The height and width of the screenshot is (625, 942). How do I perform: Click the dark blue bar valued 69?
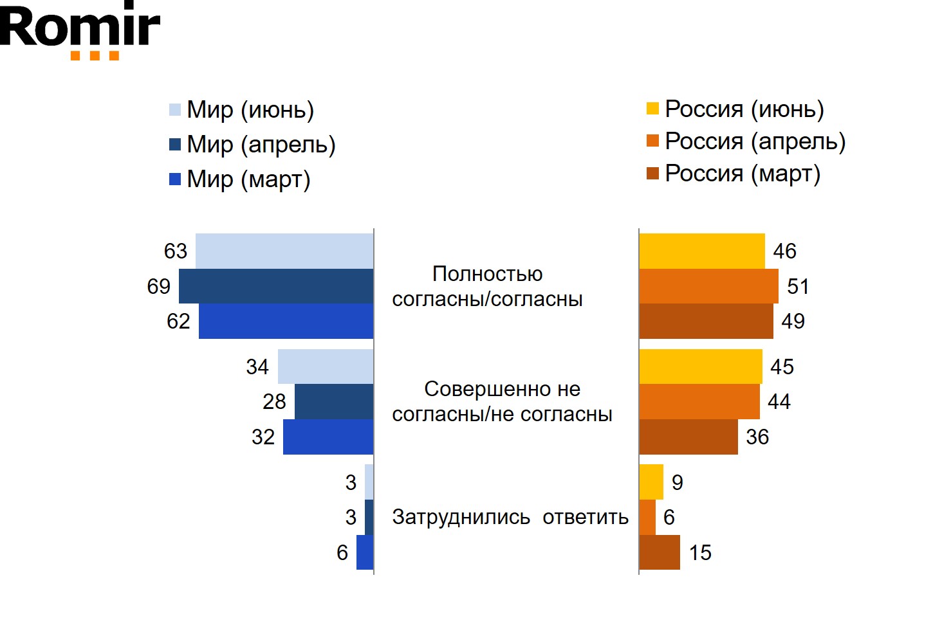pyautogui.click(x=276, y=286)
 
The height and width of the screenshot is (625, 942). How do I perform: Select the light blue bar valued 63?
pyautogui.click(x=284, y=251)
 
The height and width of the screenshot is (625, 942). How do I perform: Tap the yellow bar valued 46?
pyautogui.click(x=702, y=251)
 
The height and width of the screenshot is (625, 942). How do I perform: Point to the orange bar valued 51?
pyautogui.click(x=708, y=286)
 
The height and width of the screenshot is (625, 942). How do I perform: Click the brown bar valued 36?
pyautogui.click(x=688, y=437)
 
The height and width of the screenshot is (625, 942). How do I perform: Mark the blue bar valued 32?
pyautogui.click(x=328, y=437)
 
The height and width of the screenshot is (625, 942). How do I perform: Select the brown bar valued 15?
pyautogui.click(x=660, y=552)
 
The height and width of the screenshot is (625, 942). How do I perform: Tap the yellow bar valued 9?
pyautogui.click(x=651, y=482)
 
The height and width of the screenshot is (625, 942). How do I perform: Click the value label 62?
pyautogui.click(x=178, y=321)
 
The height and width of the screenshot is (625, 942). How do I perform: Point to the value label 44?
pyautogui.click(x=779, y=402)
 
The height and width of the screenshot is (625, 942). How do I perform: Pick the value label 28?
pyautogui.click(x=274, y=402)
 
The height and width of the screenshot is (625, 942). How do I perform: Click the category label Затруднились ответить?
pyautogui.click(x=510, y=517)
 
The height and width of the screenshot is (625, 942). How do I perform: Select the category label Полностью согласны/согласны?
pyautogui.click(x=487, y=286)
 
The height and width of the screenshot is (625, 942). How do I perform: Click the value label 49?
pyautogui.click(x=793, y=321)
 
